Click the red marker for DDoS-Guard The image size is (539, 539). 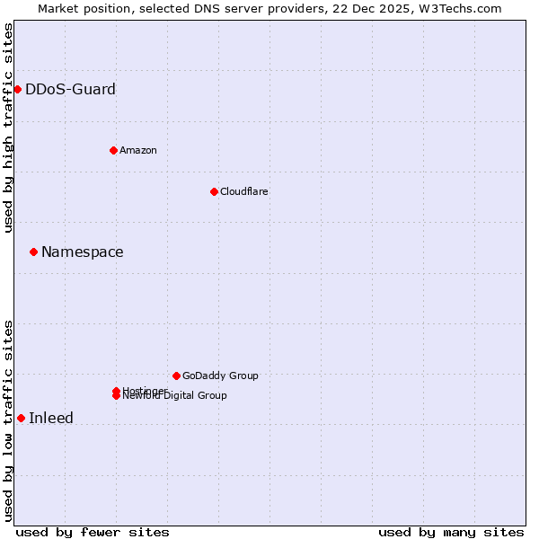point(17,89)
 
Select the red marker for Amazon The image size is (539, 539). point(113,150)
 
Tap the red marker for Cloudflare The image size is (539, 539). point(214,191)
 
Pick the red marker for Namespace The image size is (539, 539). point(33,252)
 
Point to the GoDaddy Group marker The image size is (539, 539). point(176,376)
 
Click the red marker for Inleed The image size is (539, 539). point(21,418)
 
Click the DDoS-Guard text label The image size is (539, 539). point(70,89)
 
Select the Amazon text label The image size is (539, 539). point(137,150)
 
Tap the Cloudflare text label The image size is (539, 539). point(243,191)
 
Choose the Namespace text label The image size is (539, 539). point(82,252)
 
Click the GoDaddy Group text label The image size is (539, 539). point(219,376)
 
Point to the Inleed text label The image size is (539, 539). point(51,418)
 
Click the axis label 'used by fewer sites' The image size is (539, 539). point(93,532)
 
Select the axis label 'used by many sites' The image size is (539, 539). point(451,532)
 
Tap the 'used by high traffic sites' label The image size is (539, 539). point(8,128)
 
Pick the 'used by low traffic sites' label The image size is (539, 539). point(8,420)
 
